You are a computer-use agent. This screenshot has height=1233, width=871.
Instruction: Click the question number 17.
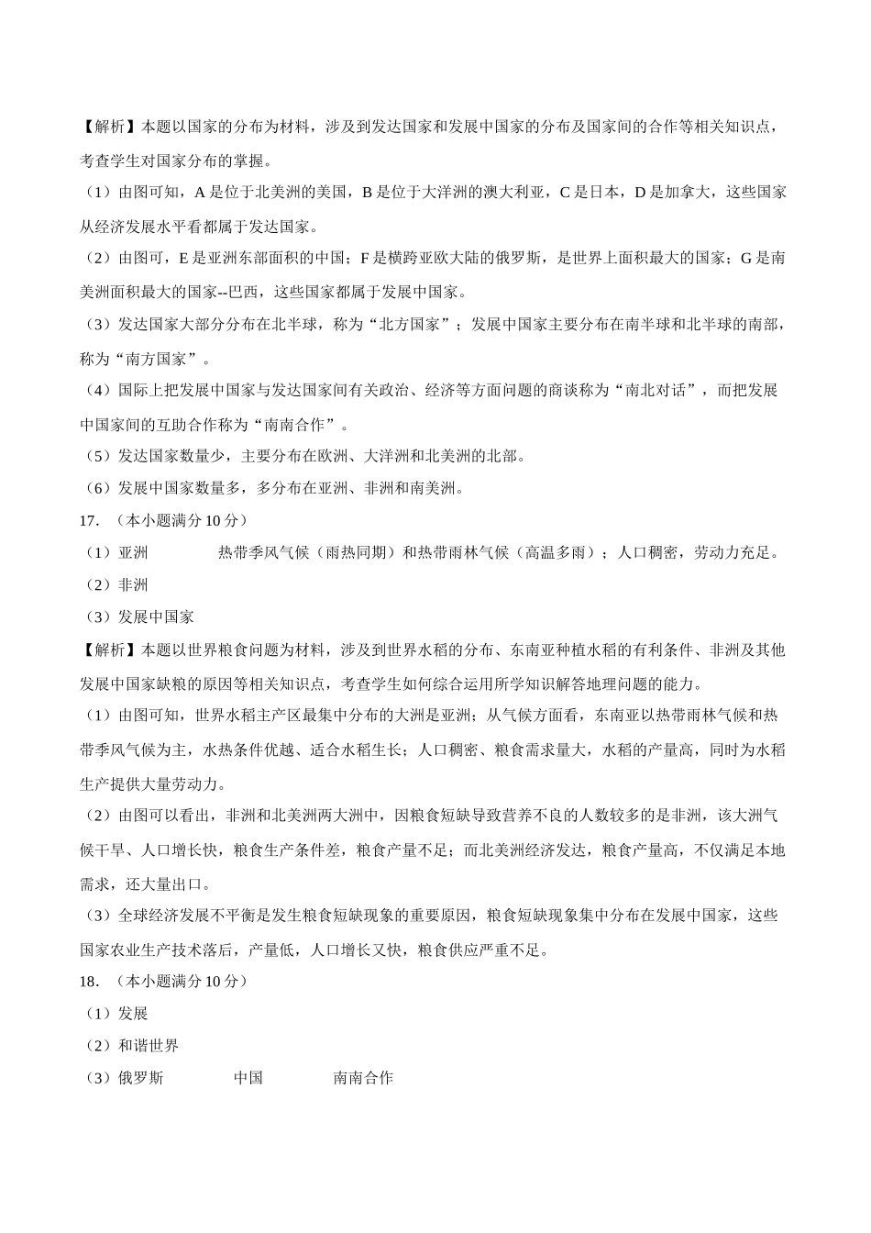coord(89,520)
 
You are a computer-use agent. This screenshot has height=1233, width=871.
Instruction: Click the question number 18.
coord(89,981)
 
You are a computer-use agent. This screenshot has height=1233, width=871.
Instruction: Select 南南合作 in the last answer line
coord(363,1078)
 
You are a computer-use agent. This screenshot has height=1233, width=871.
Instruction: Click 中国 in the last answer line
coord(248,1078)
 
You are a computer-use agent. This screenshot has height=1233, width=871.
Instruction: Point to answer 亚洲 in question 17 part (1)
coord(133,552)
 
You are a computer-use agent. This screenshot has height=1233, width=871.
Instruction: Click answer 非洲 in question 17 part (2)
coord(133,585)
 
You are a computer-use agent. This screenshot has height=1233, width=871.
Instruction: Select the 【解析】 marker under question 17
coord(109,650)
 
